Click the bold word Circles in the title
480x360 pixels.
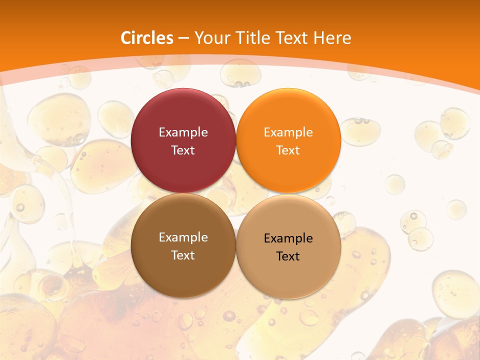147,38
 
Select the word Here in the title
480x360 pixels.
332,38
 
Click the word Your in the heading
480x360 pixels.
211,38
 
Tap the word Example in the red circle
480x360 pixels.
183,132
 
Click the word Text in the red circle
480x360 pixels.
183,150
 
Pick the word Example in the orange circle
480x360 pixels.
288,132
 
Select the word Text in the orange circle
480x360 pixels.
288,150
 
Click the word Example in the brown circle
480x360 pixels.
183,237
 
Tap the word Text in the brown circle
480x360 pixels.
183,255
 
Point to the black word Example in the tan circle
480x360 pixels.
288,238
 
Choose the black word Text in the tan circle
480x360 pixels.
288,256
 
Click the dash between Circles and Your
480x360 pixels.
183,38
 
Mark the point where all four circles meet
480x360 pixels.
236,193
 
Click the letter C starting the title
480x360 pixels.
126,38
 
